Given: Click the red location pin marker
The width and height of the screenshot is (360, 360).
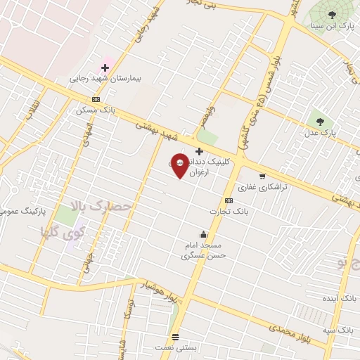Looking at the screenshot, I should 179,165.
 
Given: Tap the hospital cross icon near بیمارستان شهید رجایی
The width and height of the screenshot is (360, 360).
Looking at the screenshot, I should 105,68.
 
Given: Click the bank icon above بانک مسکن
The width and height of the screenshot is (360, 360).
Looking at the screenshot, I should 96,99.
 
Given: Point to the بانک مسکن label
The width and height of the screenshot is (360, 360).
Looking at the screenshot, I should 96,110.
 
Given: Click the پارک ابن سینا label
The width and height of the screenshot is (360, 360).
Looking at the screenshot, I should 335,26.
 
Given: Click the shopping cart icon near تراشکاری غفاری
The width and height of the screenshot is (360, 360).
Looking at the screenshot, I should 262,176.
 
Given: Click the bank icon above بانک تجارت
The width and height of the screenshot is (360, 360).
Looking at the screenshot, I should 229,200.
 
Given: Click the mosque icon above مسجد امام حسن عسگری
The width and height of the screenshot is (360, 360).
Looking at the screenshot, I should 203,234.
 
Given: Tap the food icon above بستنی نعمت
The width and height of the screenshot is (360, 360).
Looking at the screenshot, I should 175,337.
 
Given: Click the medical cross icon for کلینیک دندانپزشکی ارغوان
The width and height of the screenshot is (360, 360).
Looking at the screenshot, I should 199,151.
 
